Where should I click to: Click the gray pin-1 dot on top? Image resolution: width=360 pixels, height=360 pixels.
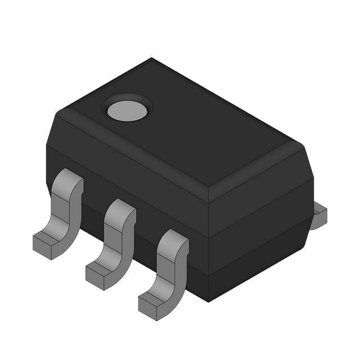[x=127, y=111]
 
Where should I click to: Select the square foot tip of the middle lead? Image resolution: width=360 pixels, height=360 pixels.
[x=97, y=276]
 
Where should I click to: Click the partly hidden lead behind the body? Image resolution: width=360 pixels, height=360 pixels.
[x=319, y=217]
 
